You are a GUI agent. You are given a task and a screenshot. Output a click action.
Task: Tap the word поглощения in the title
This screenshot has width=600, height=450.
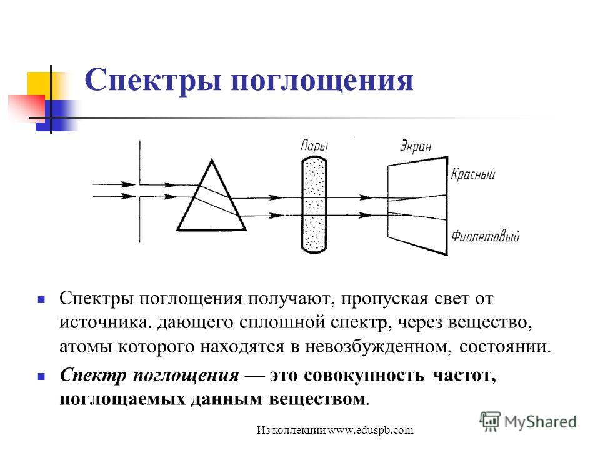pyautogui.click(x=322, y=81)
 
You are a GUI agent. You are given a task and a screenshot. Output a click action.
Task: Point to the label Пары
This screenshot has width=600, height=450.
pyautogui.click(x=314, y=146)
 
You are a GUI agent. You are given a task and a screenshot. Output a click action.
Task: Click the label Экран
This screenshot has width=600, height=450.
pyautogui.click(x=416, y=146)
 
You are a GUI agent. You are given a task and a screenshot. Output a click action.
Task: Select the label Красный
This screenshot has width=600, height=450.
pyautogui.click(x=472, y=174)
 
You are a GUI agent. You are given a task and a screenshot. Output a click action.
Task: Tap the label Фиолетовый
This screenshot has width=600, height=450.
pyautogui.click(x=485, y=236)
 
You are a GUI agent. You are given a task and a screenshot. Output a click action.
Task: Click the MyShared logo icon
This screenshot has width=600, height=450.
pyautogui.click(x=490, y=422)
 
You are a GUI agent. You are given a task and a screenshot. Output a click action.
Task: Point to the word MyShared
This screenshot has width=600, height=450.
pyautogui.click(x=540, y=422)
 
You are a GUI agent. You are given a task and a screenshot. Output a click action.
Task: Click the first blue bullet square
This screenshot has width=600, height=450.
pyautogui.click(x=41, y=299)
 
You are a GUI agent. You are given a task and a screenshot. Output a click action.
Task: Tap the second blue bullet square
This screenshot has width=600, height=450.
pyautogui.click(x=41, y=376)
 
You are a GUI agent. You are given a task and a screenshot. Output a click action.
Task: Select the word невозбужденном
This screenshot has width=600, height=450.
pyautogui.click(x=376, y=347)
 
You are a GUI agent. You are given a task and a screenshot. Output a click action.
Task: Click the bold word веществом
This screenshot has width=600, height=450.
pyautogui.click(x=317, y=399)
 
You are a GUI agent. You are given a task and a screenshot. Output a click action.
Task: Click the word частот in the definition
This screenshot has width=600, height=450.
pyautogui.click(x=464, y=376)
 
